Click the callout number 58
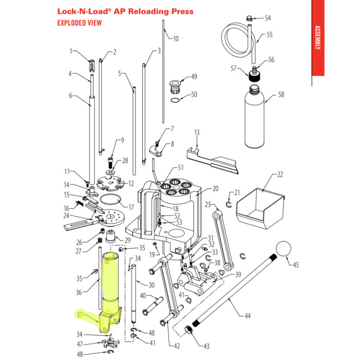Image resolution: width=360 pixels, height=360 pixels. click(x=281, y=95)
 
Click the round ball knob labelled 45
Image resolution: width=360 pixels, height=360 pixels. click(x=285, y=250)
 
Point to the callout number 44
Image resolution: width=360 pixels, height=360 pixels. click(x=248, y=315)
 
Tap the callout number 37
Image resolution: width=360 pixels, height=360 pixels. click(x=79, y=315)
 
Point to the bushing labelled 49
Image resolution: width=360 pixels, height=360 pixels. click(x=175, y=82)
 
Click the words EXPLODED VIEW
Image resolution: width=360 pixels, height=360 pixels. click(x=79, y=23)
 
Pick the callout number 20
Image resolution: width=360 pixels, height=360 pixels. click(x=215, y=188)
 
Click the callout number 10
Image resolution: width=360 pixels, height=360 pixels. click(x=175, y=39)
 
